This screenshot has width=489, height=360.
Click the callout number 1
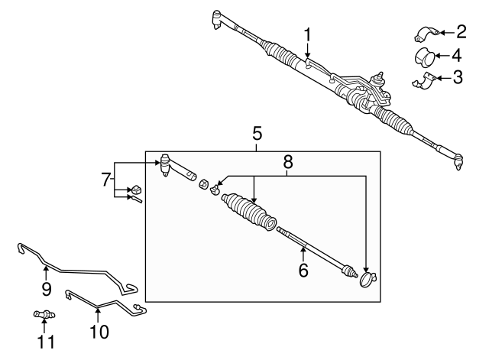(308, 34)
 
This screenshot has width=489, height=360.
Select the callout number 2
(461, 32)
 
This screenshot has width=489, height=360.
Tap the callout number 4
(456, 56)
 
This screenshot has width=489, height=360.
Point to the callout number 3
(458, 78)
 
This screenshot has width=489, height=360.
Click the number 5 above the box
(257, 134)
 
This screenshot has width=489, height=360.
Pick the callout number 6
(303, 270)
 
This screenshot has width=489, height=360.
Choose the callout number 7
(106, 180)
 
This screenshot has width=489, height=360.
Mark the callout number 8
(288, 162)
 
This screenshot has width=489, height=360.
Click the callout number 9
(46, 289)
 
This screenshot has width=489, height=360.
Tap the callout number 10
(99, 332)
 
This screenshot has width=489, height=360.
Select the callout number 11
(46, 342)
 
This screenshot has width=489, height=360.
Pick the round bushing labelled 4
(425, 58)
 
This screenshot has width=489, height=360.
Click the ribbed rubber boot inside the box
(248, 212)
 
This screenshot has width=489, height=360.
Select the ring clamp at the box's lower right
(368, 279)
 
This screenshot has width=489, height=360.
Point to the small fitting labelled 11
(44, 314)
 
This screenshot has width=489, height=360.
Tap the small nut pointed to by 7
(136, 190)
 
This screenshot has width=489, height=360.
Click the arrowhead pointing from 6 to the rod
(303, 249)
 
